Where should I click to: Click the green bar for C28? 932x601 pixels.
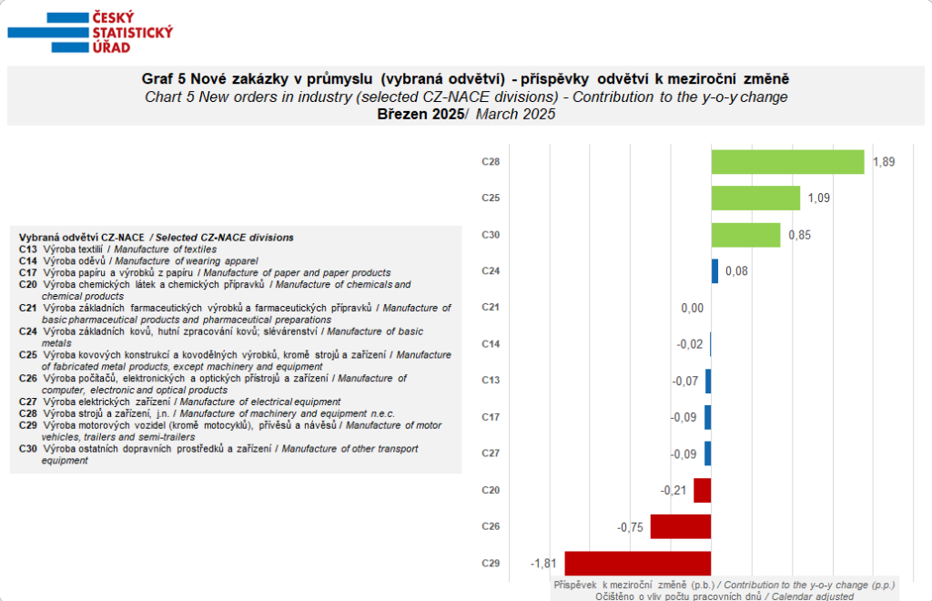click(x=787, y=162)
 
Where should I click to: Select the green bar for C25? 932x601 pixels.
click(x=755, y=199)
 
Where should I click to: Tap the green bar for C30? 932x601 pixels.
click(x=745, y=235)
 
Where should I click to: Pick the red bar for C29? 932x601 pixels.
click(x=637, y=563)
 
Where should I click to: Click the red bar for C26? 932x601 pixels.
click(x=680, y=526)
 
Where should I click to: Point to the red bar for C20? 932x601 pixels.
click(x=702, y=490)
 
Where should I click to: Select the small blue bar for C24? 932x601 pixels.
click(x=714, y=271)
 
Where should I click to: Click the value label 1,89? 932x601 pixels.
click(x=884, y=162)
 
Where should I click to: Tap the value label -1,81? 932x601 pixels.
click(x=544, y=563)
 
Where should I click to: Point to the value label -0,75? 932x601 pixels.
click(x=630, y=526)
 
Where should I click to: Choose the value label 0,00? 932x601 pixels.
click(x=692, y=308)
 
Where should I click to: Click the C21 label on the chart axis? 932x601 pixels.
click(x=491, y=308)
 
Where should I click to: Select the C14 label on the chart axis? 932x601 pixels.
click(x=491, y=344)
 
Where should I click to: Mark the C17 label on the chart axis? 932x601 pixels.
click(x=491, y=417)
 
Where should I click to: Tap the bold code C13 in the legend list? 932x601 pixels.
click(x=27, y=249)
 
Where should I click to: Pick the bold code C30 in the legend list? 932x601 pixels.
click(x=27, y=449)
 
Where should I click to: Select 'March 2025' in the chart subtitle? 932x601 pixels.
click(x=515, y=114)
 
